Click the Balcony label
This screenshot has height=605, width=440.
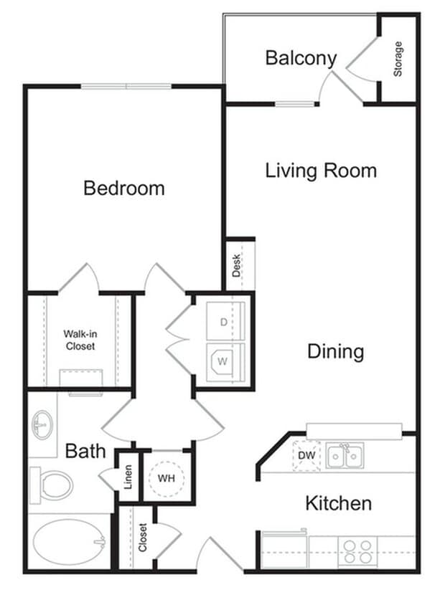[x=301, y=58]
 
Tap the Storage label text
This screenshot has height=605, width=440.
[x=398, y=59]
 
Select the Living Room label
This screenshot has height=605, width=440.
[x=321, y=171]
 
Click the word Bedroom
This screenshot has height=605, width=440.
[x=123, y=189]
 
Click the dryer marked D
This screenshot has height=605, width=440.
[x=224, y=323]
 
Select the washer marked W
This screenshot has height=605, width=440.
[x=223, y=361]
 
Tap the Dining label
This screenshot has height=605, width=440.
[x=335, y=352]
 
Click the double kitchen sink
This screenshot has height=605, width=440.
[x=345, y=455]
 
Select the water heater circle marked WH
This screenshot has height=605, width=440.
[x=167, y=477]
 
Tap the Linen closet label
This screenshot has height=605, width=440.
[x=128, y=479]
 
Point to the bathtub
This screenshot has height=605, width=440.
[x=69, y=541]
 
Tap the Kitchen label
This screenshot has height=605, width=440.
[x=338, y=503]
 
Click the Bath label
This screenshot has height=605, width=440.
[x=85, y=452]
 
